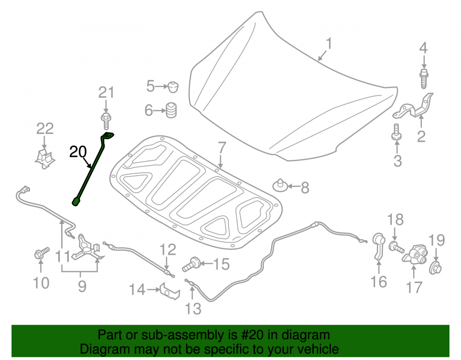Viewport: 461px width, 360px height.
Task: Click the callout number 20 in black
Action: click(x=78, y=152)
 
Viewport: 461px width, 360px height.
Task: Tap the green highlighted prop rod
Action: click(x=92, y=170)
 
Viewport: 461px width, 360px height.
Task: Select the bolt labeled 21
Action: click(x=106, y=120)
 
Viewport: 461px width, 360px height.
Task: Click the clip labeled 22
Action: click(x=45, y=159)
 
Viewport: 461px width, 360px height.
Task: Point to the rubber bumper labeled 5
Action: click(x=173, y=87)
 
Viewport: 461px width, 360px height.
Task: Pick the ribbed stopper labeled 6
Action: click(x=171, y=110)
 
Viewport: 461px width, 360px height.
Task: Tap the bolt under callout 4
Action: click(x=424, y=78)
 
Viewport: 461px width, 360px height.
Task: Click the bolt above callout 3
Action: click(x=396, y=132)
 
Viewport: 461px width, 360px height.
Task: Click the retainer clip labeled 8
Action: click(x=280, y=185)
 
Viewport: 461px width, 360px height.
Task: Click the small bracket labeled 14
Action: click(x=170, y=291)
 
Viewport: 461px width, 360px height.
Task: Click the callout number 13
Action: click(x=193, y=309)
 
